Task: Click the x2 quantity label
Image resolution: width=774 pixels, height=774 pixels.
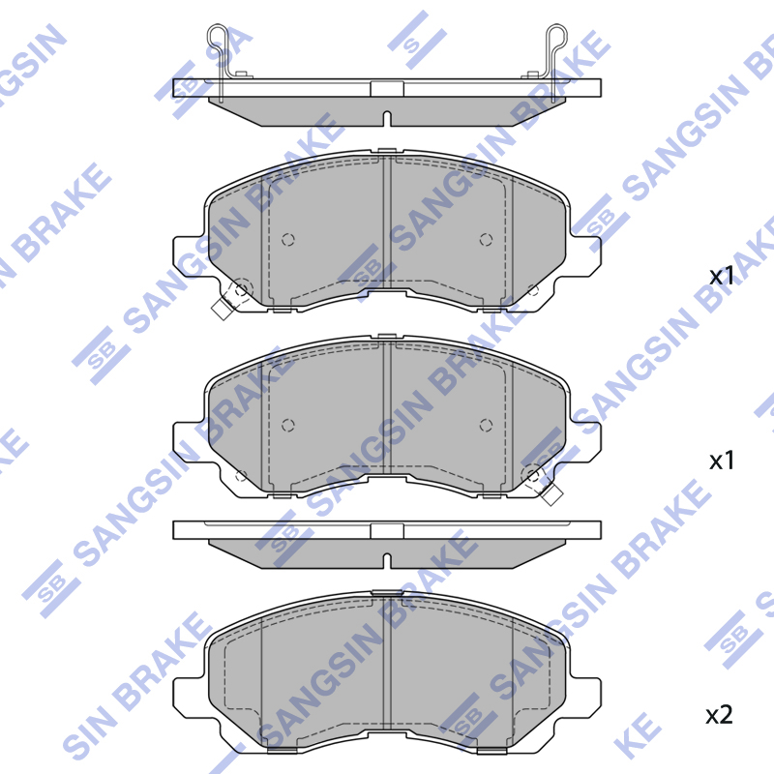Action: [719, 714]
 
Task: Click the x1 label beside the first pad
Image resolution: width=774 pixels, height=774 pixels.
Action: [722, 276]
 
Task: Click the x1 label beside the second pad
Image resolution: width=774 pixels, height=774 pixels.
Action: [722, 461]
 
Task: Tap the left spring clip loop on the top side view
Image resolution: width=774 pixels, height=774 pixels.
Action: [217, 37]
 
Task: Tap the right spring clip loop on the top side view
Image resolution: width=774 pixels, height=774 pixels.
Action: [557, 37]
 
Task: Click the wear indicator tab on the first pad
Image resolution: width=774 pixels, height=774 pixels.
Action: [223, 310]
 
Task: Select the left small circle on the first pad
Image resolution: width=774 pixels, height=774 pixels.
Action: [287, 240]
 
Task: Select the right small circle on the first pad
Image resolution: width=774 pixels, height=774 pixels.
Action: [487, 240]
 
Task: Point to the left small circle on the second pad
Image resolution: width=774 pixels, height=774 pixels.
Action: [287, 425]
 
